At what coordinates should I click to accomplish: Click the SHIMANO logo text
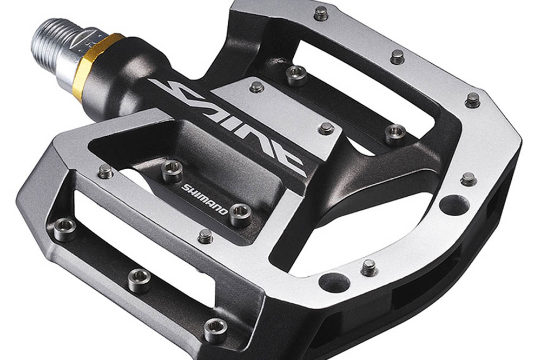pyautogui.click(x=204, y=198)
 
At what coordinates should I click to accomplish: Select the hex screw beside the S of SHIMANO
pyautogui.click(x=172, y=171)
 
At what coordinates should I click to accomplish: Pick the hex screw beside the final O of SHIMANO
pyautogui.click(x=241, y=214)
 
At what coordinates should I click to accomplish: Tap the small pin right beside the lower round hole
pyautogui.click(x=369, y=268)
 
